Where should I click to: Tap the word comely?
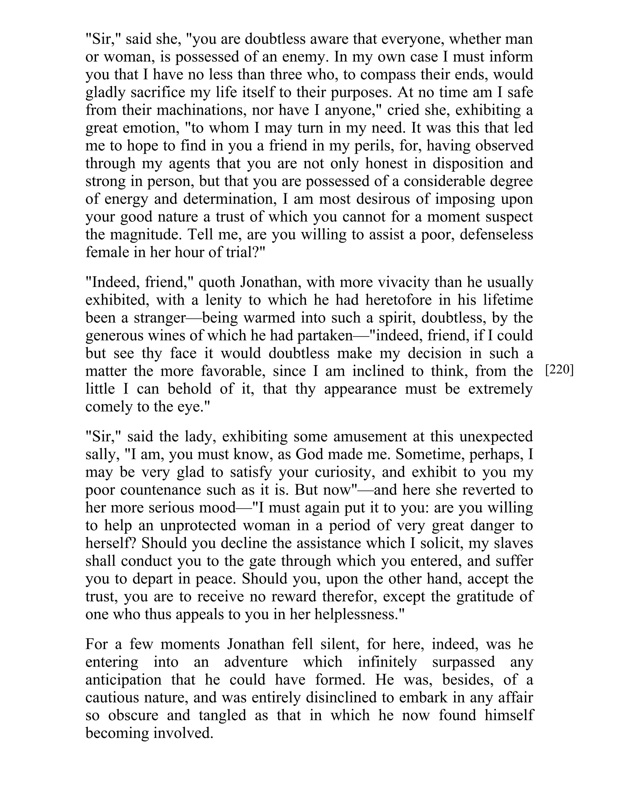[109, 406]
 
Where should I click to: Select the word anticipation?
[123, 679]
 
